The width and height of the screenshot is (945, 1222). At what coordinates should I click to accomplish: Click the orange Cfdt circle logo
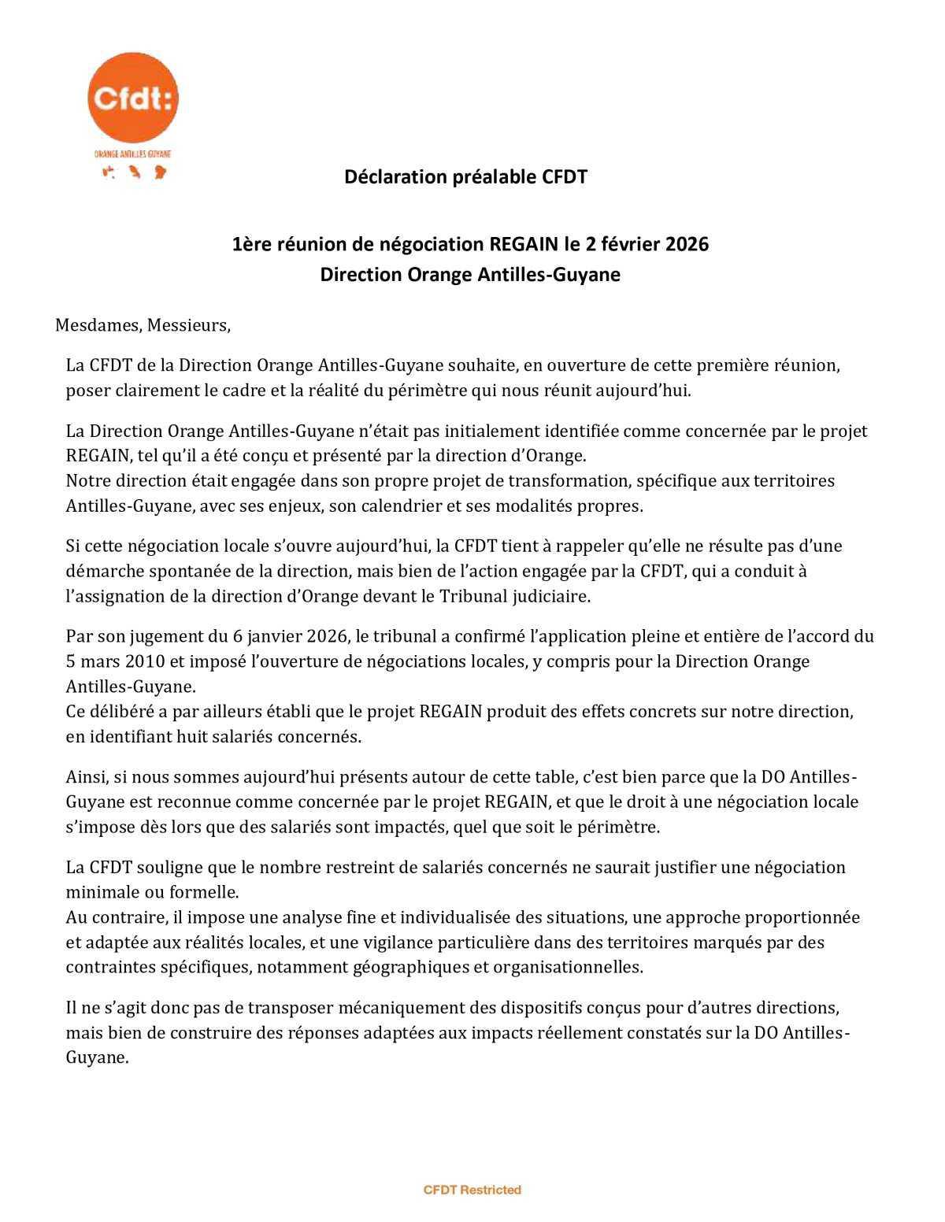coord(132,98)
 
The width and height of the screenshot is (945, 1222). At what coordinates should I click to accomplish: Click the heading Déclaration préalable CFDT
coord(465,176)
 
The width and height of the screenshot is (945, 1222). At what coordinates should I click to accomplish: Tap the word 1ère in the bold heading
coord(250,245)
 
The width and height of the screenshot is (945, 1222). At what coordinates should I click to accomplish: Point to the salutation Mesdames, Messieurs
coord(143,325)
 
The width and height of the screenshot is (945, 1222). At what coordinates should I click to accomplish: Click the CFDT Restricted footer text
coord(472,1190)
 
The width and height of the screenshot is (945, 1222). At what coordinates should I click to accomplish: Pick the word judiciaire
coord(548,596)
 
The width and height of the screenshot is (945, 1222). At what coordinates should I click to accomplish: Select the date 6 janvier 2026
coord(276,636)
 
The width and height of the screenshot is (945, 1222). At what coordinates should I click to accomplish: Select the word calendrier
coord(400,505)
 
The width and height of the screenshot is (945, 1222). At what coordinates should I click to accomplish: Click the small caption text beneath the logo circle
coord(132,155)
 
